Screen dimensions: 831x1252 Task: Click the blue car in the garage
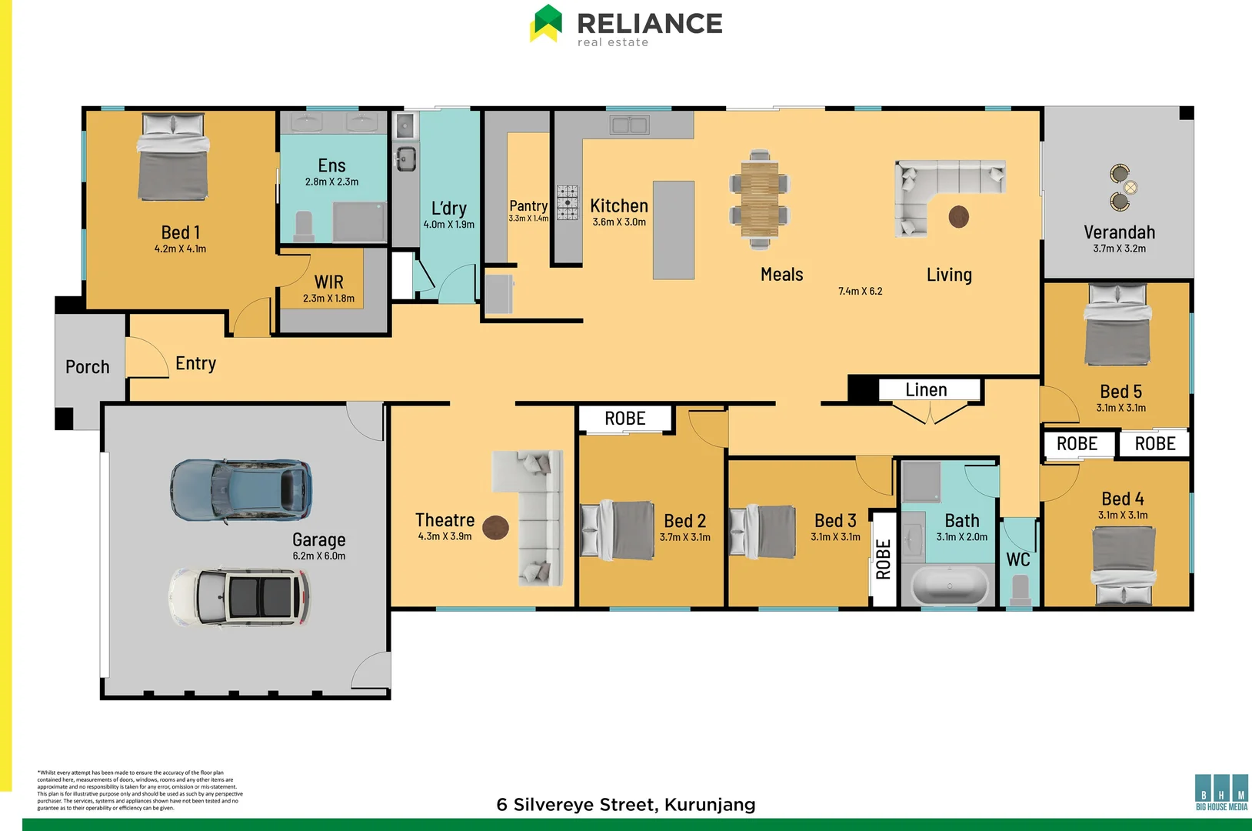click(x=241, y=490)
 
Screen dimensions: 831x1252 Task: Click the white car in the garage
click(x=239, y=597)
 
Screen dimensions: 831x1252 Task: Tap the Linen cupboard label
click(x=926, y=390)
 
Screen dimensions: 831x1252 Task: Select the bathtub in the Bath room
click(x=949, y=586)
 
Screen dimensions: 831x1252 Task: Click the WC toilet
click(x=1020, y=590)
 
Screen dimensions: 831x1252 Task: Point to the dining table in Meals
click(x=759, y=200)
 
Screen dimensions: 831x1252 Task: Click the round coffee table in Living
click(x=958, y=217)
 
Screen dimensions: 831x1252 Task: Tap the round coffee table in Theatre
click(x=495, y=527)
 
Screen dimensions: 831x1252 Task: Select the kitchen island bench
click(x=673, y=229)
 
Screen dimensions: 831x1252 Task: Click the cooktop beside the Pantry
click(x=568, y=202)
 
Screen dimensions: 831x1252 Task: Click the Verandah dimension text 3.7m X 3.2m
click(x=1119, y=249)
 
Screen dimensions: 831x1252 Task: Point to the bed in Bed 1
click(x=173, y=158)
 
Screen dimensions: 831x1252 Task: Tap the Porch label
click(x=87, y=367)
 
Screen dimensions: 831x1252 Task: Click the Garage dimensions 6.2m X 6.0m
click(x=318, y=556)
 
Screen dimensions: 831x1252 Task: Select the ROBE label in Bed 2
click(x=624, y=419)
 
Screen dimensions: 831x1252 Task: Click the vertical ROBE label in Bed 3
click(x=884, y=559)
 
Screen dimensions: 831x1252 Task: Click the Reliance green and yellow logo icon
click(x=546, y=23)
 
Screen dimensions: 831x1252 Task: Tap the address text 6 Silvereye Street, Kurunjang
click(x=625, y=805)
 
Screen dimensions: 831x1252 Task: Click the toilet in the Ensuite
click(x=305, y=225)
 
